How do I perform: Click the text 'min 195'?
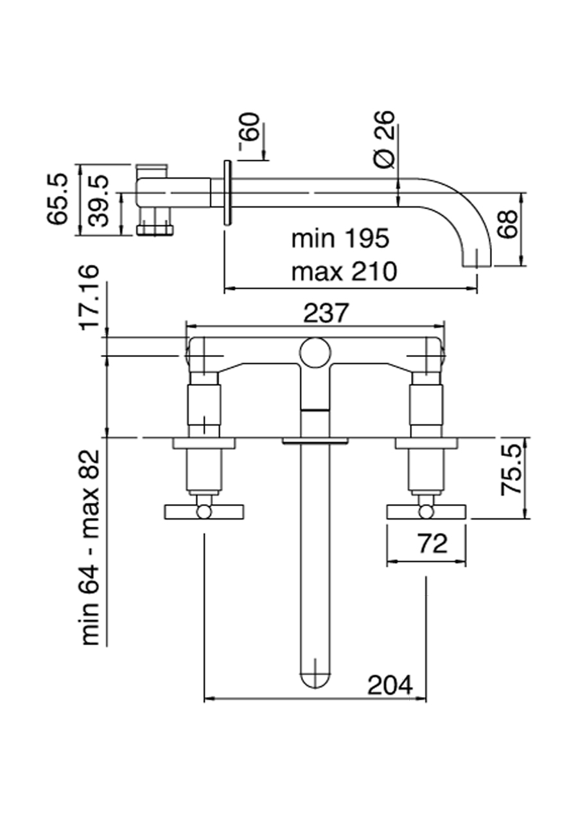[x=340, y=239]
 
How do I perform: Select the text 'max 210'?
[x=344, y=272]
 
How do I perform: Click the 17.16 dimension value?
[x=91, y=296]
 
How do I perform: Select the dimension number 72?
[x=432, y=544]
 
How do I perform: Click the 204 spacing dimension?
[x=390, y=685]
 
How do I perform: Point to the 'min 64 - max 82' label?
[x=91, y=547]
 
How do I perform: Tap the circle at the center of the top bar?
[x=315, y=352]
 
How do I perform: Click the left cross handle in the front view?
[x=204, y=511]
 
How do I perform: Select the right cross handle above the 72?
[x=425, y=511]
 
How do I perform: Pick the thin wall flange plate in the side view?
[x=227, y=193]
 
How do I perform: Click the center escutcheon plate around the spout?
[x=315, y=441]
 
